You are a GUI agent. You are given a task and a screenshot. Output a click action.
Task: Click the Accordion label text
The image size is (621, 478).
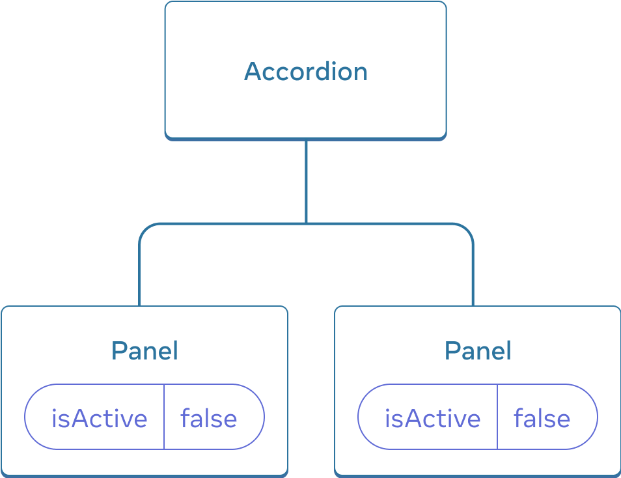click(x=305, y=71)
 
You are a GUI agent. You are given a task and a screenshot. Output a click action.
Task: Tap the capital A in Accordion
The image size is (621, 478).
click(x=253, y=71)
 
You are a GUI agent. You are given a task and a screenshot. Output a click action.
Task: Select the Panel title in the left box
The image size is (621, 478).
click(x=145, y=351)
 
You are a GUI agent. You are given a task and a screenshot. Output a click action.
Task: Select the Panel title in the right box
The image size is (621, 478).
click(x=478, y=351)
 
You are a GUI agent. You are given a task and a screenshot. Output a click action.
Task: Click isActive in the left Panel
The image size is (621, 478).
click(x=99, y=418)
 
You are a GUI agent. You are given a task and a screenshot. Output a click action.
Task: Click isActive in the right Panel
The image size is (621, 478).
click(x=432, y=418)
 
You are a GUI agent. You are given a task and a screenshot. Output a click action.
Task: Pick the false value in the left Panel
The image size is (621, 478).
click(x=208, y=418)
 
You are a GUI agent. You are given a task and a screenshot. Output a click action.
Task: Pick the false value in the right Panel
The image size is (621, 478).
click(x=542, y=418)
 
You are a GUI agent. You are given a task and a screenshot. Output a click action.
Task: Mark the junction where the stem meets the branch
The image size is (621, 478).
click(x=306, y=224)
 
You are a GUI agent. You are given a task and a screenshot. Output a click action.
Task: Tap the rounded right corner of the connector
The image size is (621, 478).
click(x=467, y=230)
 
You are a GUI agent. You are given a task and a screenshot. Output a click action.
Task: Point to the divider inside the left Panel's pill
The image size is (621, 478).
click(x=164, y=417)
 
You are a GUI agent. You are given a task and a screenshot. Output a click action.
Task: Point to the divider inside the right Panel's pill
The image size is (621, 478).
click(x=497, y=417)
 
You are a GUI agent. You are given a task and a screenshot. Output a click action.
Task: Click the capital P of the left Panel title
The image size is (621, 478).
click(x=118, y=351)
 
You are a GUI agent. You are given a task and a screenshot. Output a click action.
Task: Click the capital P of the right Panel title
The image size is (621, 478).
click(x=451, y=351)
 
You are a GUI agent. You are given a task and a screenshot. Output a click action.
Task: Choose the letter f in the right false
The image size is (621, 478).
click(x=519, y=417)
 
